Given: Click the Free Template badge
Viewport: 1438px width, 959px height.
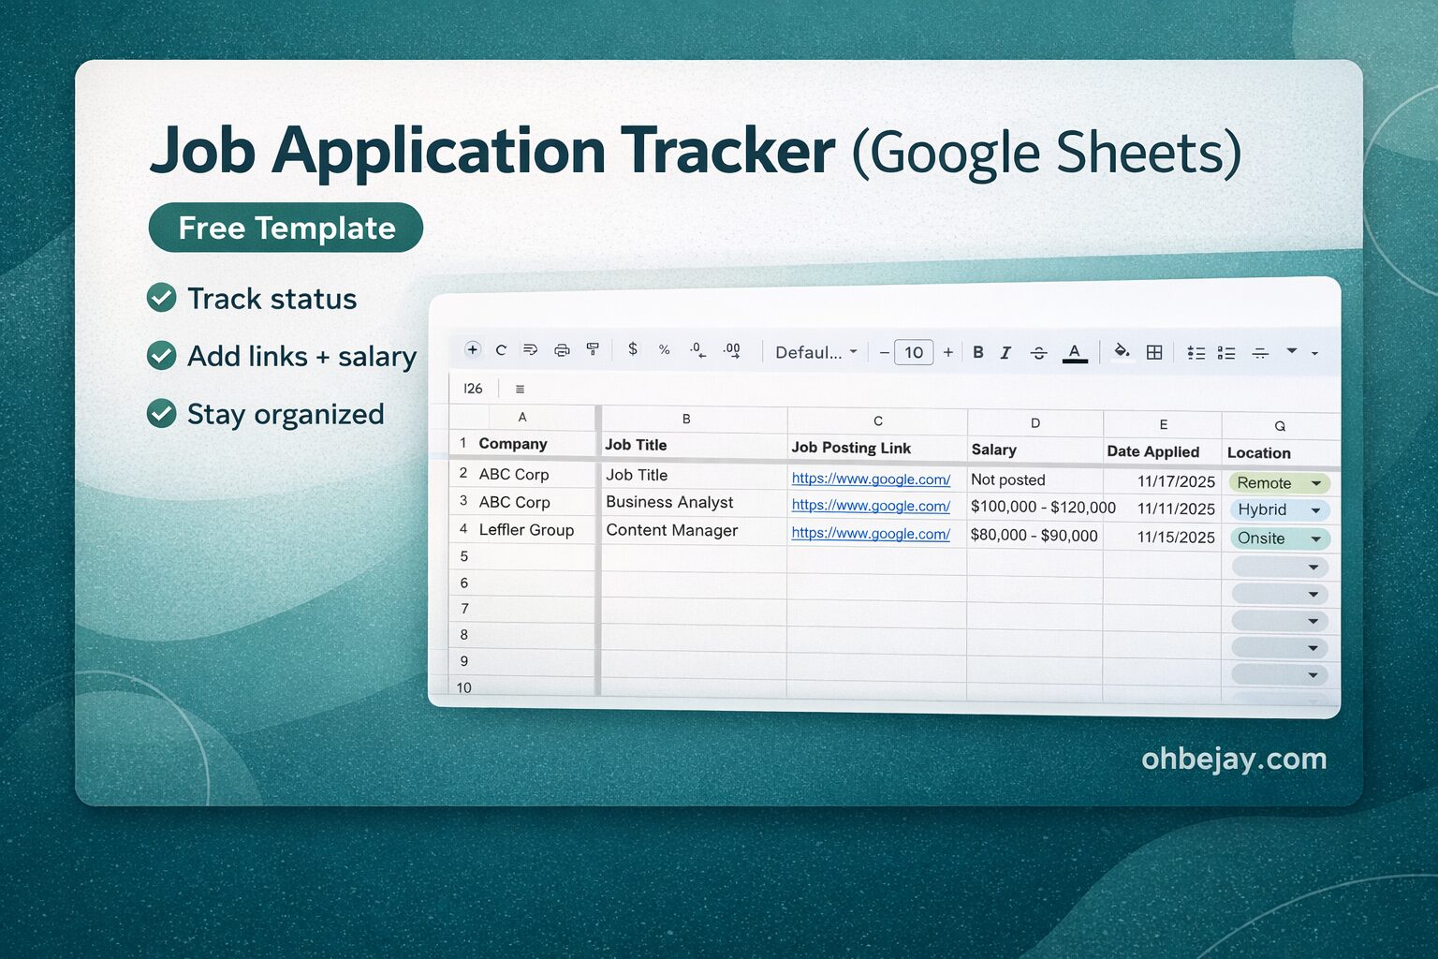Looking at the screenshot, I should click(286, 228).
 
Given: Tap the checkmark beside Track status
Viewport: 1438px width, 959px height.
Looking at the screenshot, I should click(162, 298).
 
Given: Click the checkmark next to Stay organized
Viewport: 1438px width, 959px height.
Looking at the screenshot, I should click(162, 413).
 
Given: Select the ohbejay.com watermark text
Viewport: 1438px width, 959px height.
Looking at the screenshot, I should click(1233, 759).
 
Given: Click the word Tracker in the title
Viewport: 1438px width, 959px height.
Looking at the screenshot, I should click(726, 151).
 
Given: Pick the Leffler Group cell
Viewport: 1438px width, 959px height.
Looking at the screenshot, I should click(526, 530).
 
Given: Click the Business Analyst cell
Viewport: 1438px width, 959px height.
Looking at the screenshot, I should click(669, 502).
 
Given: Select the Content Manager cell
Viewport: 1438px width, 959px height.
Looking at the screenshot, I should click(671, 530).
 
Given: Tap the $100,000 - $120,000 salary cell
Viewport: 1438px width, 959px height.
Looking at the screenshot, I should click(1042, 508).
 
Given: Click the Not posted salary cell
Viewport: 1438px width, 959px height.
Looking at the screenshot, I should click(1007, 479).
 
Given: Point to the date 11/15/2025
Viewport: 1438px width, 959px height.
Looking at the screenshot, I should click(1175, 538).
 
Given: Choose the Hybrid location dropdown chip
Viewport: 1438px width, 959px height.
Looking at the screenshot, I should click(1279, 510).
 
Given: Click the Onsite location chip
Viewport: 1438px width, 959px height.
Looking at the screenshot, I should click(1279, 539).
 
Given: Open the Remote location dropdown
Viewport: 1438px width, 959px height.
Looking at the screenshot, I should click(1315, 483).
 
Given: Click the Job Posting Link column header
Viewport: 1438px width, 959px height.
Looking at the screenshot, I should click(850, 448).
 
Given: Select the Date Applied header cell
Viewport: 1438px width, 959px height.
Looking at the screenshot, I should click(1152, 451).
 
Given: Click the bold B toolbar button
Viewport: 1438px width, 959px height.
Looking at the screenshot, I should click(977, 352).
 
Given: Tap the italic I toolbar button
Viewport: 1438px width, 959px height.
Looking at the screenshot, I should click(1005, 352).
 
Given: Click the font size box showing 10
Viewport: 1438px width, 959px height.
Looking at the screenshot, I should click(914, 352).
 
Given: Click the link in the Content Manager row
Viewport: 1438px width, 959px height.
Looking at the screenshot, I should click(871, 534).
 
